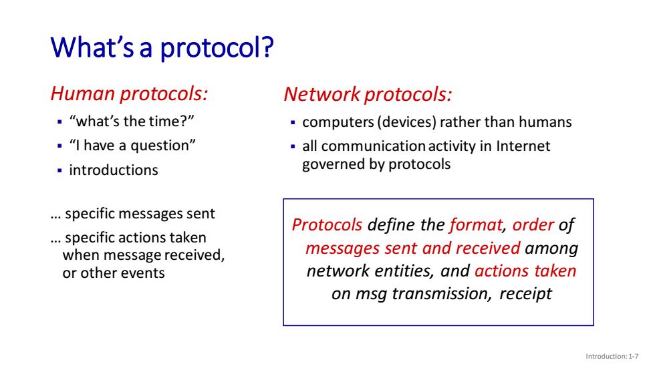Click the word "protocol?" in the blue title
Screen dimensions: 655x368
[x=217, y=48]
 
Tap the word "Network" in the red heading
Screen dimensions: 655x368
[x=322, y=94]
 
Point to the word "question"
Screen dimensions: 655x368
[x=161, y=146]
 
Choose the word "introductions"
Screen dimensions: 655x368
[x=114, y=170]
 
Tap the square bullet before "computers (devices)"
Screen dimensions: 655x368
[x=293, y=123]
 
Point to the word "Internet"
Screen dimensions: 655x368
[x=523, y=146]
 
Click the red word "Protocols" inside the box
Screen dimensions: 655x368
[x=327, y=225]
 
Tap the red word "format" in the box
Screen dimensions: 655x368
[x=476, y=225]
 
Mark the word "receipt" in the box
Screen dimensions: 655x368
[x=525, y=294]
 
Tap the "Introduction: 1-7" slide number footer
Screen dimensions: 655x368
[x=612, y=357]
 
